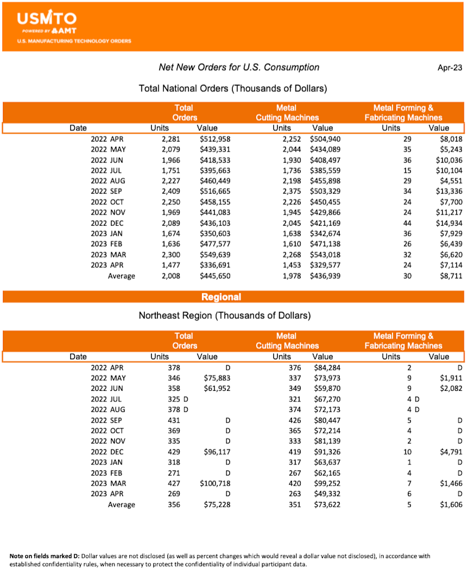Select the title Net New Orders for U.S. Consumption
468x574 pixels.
click(239, 67)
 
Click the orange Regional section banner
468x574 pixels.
click(221, 297)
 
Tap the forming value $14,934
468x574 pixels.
click(447, 224)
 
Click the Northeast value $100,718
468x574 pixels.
click(215, 484)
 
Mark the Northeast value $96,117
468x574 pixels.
click(216, 452)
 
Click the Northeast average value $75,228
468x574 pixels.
click(216, 505)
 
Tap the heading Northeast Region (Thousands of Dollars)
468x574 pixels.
click(225, 316)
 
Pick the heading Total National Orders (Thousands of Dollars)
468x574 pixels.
click(232, 88)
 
